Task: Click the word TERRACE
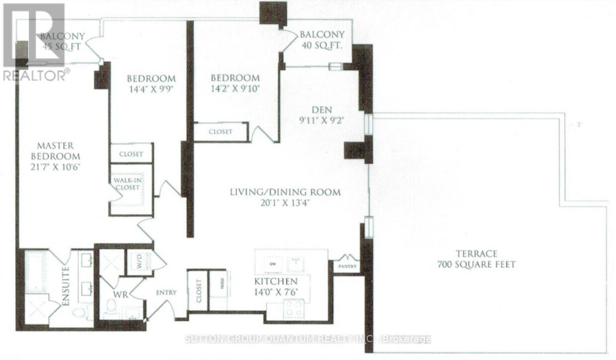(476, 253)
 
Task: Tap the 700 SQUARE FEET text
(476, 264)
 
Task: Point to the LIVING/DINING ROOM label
(285, 192)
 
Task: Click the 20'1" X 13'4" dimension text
(285, 203)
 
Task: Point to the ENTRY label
(166, 292)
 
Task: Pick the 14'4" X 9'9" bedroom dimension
(151, 90)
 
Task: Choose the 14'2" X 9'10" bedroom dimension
(235, 89)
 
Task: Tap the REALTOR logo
(34, 42)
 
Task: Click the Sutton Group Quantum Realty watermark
(308, 339)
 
